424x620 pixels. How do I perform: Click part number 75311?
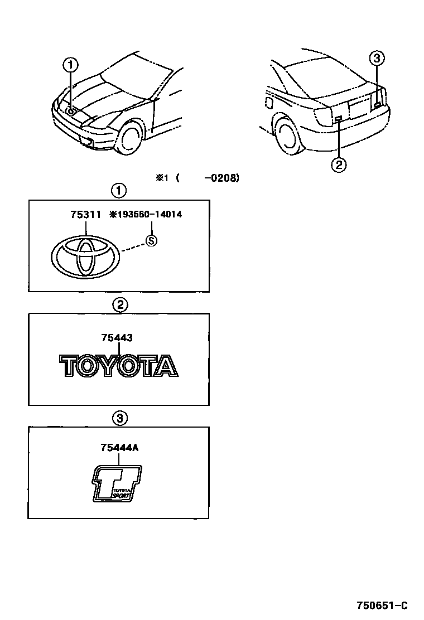click(x=86, y=214)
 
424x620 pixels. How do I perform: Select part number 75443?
click(x=117, y=337)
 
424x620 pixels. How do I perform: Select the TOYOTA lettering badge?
click(x=119, y=366)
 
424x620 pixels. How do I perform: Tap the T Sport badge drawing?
click(x=117, y=483)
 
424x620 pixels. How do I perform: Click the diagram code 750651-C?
click(x=383, y=606)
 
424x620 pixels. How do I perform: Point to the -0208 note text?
click(x=221, y=178)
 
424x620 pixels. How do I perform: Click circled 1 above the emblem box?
click(x=119, y=191)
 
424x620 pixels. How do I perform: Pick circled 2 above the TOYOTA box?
click(x=119, y=304)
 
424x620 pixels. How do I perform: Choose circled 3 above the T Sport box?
click(x=119, y=418)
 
